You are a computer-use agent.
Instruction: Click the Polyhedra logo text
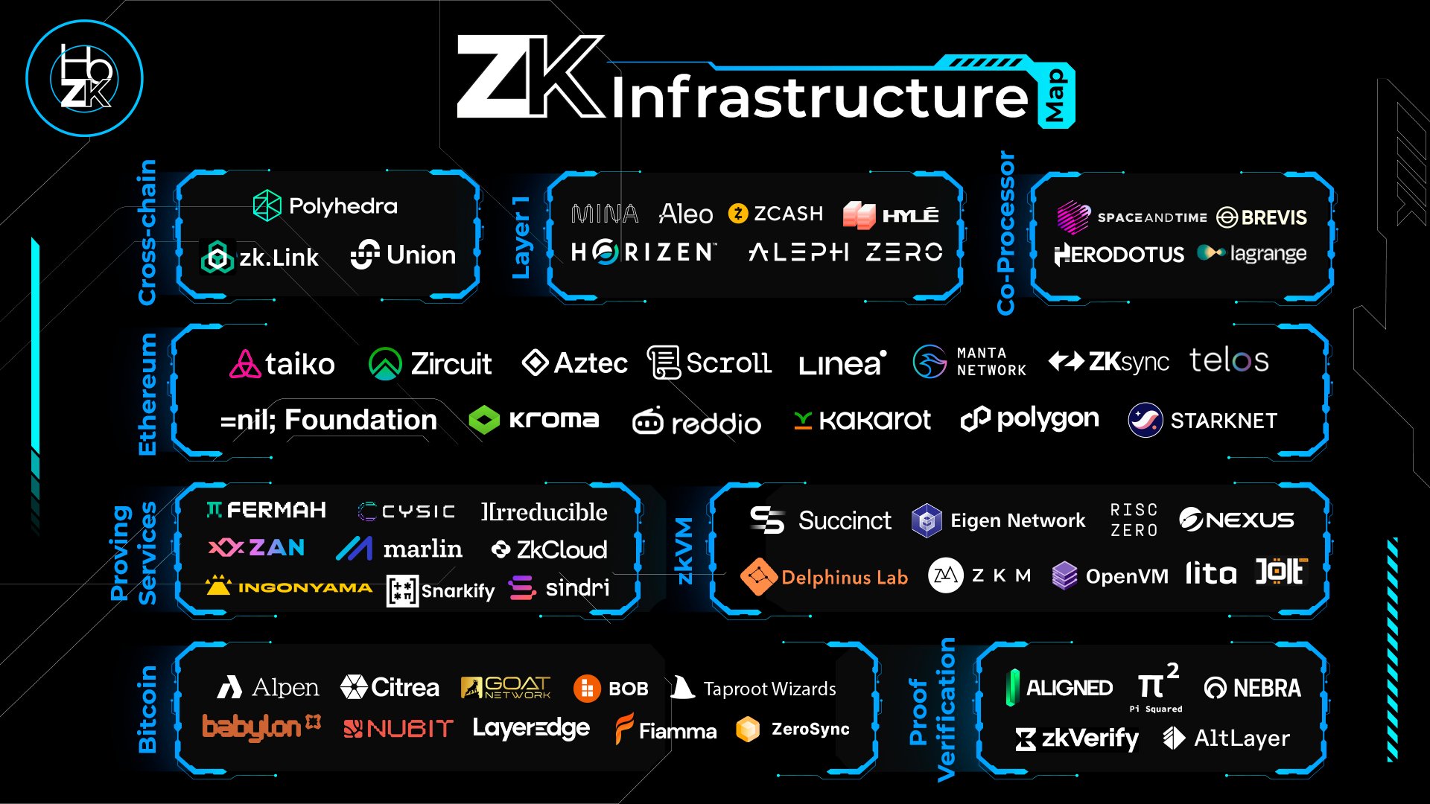(343, 206)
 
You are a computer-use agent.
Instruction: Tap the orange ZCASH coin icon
(737, 214)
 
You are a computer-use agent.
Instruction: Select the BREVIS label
(1274, 217)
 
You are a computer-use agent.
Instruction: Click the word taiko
(299, 364)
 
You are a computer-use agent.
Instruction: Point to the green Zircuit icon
(385, 364)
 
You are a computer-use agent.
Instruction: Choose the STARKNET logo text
(1223, 421)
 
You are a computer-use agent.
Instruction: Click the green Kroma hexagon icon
(484, 421)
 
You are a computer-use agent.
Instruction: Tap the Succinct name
(844, 520)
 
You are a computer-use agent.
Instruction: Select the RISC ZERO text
(1134, 520)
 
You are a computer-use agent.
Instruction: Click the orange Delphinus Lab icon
(758, 576)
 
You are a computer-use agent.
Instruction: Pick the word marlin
(422, 549)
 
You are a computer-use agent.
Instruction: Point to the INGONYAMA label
(305, 588)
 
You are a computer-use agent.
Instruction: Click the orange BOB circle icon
(587, 689)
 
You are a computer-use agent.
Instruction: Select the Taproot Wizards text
(769, 689)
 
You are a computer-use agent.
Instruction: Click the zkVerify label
(1090, 738)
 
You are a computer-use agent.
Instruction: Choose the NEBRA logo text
(1266, 688)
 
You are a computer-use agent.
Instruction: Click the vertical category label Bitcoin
(147, 709)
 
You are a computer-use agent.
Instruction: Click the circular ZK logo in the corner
(85, 78)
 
